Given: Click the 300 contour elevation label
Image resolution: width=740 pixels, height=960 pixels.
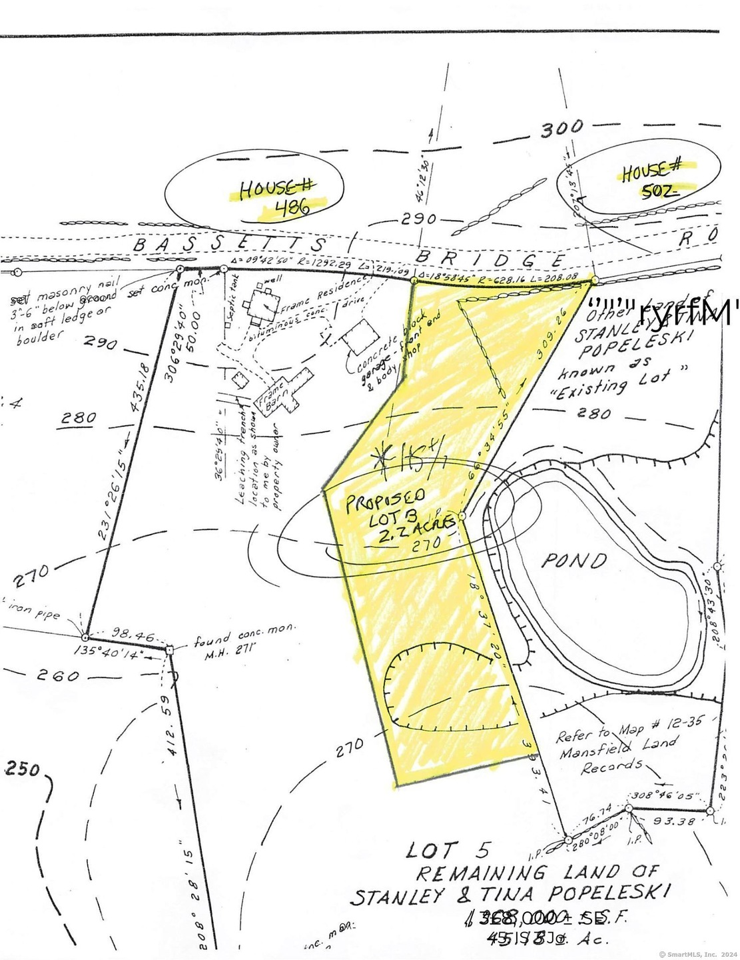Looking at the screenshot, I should click(x=561, y=128).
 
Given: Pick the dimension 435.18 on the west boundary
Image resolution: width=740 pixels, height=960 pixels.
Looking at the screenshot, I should click(x=141, y=388).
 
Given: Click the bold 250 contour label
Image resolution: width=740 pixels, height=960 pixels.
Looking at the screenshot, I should click(x=23, y=769).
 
